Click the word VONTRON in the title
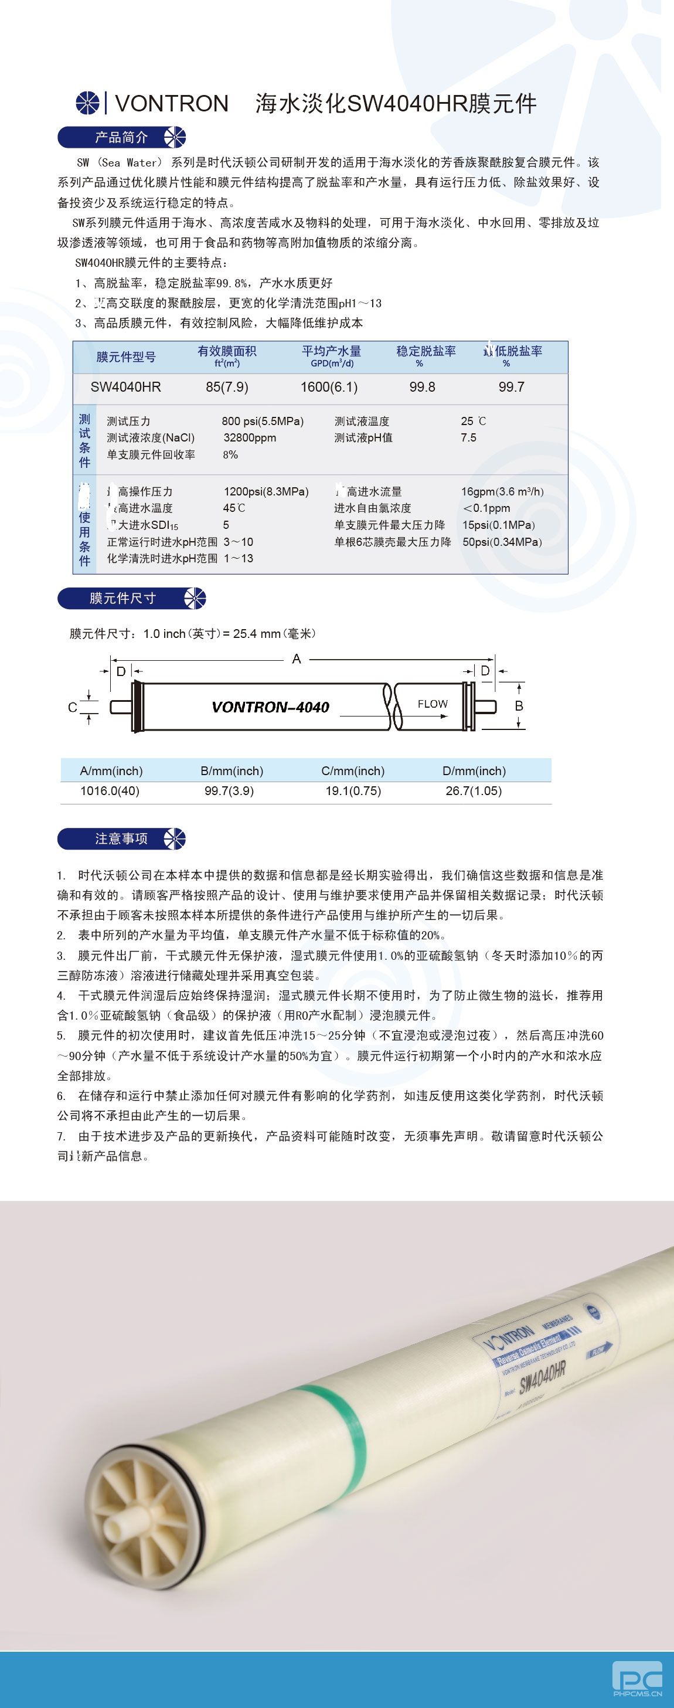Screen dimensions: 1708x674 (x=172, y=103)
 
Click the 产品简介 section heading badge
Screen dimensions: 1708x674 (x=121, y=137)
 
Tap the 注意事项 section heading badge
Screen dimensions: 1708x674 (x=121, y=838)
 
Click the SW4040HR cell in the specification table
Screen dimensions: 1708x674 (x=126, y=386)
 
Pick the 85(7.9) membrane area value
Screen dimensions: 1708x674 (x=227, y=386)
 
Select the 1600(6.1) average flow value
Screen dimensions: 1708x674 (x=329, y=386)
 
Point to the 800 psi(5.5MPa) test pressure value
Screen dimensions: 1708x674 (x=263, y=421)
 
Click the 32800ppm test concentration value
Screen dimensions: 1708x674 (x=250, y=437)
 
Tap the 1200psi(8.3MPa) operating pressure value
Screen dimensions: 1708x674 (x=265, y=491)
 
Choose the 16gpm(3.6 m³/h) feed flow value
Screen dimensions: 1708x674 (x=502, y=491)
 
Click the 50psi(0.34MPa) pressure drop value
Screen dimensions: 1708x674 (x=502, y=542)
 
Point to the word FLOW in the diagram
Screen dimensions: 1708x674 (x=432, y=704)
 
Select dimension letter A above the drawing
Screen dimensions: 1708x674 (x=296, y=658)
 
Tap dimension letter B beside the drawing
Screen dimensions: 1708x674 (x=519, y=706)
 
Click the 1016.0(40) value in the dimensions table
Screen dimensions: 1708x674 (x=110, y=790)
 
